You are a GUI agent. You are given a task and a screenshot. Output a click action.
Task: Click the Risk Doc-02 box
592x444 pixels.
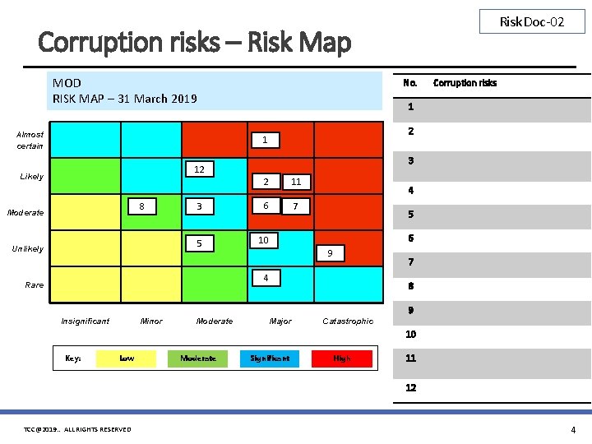coord(532,22)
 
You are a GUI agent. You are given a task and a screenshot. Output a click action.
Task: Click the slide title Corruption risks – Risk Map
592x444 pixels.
coord(195,42)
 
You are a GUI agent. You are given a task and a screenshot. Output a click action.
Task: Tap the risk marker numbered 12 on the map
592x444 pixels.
coord(199,169)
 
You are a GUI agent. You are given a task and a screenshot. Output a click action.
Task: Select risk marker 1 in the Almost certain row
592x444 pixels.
coord(265,141)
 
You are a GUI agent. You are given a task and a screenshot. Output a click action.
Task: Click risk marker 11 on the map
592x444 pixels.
coord(297,182)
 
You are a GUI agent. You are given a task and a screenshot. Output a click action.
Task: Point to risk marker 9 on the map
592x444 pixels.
coord(330,253)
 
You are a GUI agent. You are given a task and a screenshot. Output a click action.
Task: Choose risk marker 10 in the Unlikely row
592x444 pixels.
coord(263,240)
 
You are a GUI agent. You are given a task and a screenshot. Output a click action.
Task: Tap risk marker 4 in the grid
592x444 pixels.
coord(266,278)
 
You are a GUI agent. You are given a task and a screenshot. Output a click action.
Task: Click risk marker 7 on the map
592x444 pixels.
coord(296,206)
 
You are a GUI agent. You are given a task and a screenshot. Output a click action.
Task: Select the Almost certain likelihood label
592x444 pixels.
coord(30,140)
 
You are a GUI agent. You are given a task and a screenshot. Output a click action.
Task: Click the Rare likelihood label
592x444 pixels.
coord(35,284)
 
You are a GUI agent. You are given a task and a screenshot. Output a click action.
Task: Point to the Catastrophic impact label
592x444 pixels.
coord(348,321)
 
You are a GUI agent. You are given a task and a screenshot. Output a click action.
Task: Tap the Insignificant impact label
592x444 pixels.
coord(85,321)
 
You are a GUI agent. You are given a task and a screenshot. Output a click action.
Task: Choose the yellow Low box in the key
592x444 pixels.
coord(127,358)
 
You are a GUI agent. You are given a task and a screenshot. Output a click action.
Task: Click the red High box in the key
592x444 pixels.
coord(342,358)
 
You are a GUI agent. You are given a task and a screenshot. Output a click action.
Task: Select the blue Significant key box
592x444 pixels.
coord(271,358)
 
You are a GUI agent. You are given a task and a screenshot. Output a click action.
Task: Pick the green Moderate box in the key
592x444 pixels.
coord(198,358)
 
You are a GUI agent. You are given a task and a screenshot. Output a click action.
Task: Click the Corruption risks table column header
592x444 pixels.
coord(465,83)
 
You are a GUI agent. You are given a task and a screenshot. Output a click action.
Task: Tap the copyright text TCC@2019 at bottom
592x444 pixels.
coord(77,429)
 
